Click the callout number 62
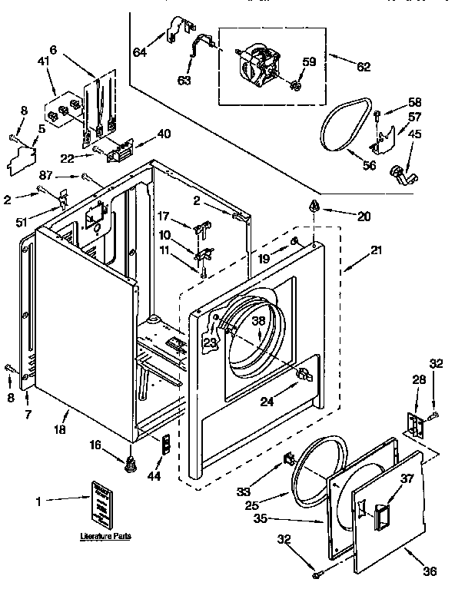click(x=364, y=67)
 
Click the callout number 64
click(x=139, y=52)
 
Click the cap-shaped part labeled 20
click(x=313, y=206)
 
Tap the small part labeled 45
click(x=400, y=177)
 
